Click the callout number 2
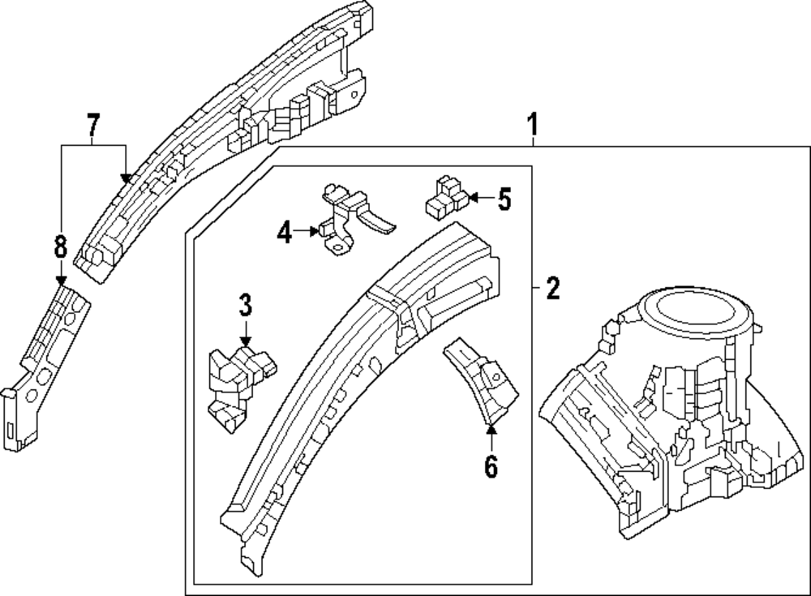pyautogui.click(x=552, y=288)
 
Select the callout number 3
pyautogui.click(x=246, y=306)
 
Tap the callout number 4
pyautogui.click(x=284, y=234)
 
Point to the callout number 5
pyautogui.click(x=504, y=198)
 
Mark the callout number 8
pyautogui.click(x=60, y=247)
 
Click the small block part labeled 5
pyautogui.click(x=445, y=195)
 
